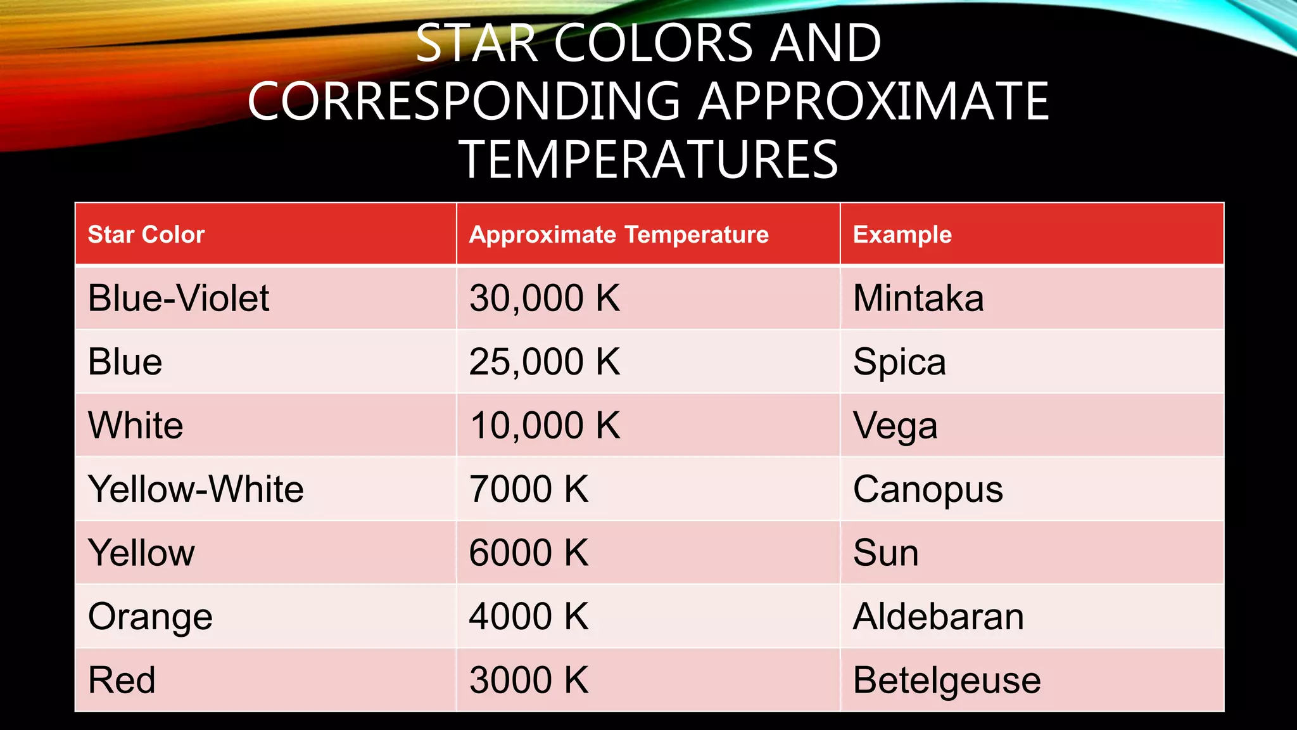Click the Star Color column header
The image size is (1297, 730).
pyautogui.click(x=146, y=234)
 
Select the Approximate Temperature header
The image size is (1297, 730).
pyautogui.click(x=619, y=234)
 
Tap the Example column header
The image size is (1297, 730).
pyautogui.click(x=902, y=234)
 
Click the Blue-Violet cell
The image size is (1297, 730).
pyautogui.click(x=179, y=298)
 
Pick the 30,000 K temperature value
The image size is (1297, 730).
pyautogui.click(x=545, y=298)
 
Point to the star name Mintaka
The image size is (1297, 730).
pyautogui.click(x=918, y=298)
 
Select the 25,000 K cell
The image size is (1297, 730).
pyautogui.click(x=545, y=362)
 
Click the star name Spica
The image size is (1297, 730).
pyautogui.click(x=899, y=362)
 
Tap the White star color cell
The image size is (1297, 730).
pyautogui.click(x=136, y=425)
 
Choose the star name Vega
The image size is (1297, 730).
pyautogui.click(x=895, y=426)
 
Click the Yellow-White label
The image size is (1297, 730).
pyautogui.click(x=196, y=489)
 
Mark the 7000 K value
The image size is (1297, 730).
pyautogui.click(x=529, y=489)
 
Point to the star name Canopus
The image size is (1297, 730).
pyautogui.click(x=928, y=490)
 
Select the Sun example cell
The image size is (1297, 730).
pyautogui.click(x=885, y=553)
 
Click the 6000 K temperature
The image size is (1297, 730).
pyautogui.click(x=529, y=553)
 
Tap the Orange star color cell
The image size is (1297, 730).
pyautogui.click(x=150, y=617)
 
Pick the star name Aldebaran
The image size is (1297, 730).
pyautogui.click(x=938, y=617)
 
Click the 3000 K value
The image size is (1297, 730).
pyautogui.click(x=529, y=680)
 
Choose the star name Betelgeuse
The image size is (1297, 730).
pyautogui.click(x=947, y=681)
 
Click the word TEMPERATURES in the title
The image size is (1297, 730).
pyautogui.click(x=648, y=159)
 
